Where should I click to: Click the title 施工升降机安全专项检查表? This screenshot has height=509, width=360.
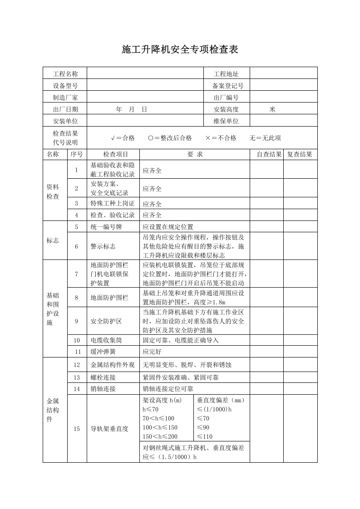pos(180,50)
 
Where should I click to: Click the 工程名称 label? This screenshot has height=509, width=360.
pos(65,74)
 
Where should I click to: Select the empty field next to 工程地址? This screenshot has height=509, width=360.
pos(283,74)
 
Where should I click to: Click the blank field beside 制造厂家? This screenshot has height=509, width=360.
pos(145,98)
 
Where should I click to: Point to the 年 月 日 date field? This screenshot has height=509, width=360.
pos(132,109)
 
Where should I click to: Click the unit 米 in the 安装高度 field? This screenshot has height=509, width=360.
pos(272,109)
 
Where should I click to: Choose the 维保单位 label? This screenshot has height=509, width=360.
pos(226,121)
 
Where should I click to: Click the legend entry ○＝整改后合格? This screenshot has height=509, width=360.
pos(170,138)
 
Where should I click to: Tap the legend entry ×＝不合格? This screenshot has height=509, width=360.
pos(221,138)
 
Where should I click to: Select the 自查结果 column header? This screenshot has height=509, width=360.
pos(269,154)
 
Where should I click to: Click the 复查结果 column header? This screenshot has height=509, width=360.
pos(300,154)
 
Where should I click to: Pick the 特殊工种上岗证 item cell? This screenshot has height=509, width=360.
pos(109,204)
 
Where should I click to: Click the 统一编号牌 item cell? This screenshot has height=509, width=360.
pos(106,227)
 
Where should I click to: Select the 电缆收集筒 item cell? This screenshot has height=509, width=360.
pos(106,340)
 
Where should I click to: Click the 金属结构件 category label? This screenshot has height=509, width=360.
pos(53,410)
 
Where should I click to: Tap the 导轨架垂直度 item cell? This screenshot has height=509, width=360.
pos(109,428)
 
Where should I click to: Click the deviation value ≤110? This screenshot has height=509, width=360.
pos(204,437)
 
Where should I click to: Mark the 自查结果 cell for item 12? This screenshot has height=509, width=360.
pos(266,365)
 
